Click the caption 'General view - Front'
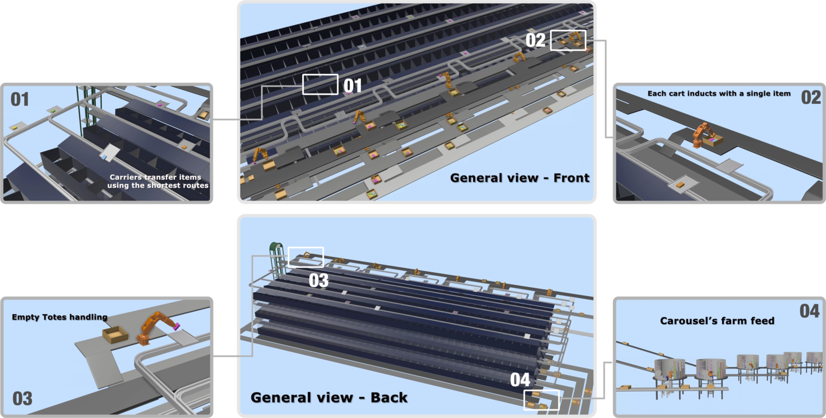click(x=519, y=178)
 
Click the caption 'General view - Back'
click(x=329, y=398)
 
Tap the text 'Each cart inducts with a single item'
click(x=719, y=94)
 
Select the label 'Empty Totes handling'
click(x=60, y=317)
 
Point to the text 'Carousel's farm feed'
click(x=717, y=321)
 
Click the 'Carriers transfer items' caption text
click(x=155, y=177)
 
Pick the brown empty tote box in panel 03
click(x=116, y=335)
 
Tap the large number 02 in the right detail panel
click(x=811, y=97)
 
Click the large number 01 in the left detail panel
click(x=19, y=100)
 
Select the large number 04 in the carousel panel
click(x=809, y=311)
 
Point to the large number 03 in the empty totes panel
click(x=23, y=399)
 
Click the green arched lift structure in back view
click(x=276, y=258)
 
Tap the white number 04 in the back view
click(x=520, y=380)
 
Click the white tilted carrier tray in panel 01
click(x=110, y=152)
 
